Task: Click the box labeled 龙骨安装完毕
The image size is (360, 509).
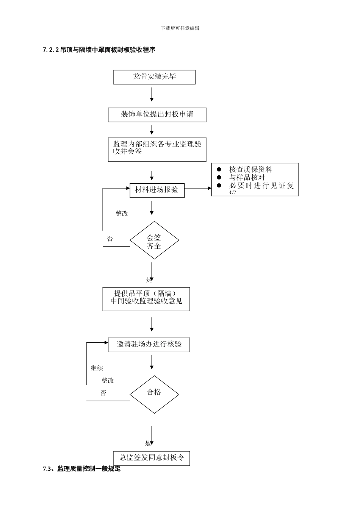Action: pyautogui.click(x=154, y=77)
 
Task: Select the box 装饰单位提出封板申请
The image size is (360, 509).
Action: pyautogui.click(x=157, y=115)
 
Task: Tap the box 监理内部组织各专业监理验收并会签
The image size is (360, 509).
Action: pyautogui.click(x=157, y=149)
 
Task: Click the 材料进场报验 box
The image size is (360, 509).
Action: pyautogui.click(x=157, y=190)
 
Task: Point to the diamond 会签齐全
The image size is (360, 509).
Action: pyautogui.click(x=154, y=240)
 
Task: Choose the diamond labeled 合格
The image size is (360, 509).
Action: pyautogui.click(x=154, y=394)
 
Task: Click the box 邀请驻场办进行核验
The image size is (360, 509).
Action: pyautogui.click(x=149, y=345)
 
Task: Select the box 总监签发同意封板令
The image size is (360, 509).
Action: pyautogui.click(x=152, y=458)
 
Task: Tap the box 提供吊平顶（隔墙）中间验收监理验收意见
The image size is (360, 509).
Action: pyautogui.click(x=146, y=299)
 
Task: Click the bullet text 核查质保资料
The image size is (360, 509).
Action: pyautogui.click(x=250, y=170)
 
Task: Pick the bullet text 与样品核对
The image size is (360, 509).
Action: pyautogui.click(x=247, y=178)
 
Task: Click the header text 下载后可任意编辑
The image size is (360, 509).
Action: pyautogui.click(x=180, y=28)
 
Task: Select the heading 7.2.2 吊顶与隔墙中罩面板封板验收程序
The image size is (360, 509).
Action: pyautogui.click(x=99, y=50)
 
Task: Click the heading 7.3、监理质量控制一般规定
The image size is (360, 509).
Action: pyautogui.click(x=82, y=469)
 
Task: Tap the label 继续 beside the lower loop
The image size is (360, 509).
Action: pyautogui.click(x=97, y=368)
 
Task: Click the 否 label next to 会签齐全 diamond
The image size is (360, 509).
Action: pyautogui.click(x=110, y=239)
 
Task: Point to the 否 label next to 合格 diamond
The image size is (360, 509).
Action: pyautogui.click(x=103, y=393)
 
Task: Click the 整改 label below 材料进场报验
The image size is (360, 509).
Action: pyautogui.click(x=122, y=214)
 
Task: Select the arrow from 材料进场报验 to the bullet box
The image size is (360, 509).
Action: pyautogui.click(x=198, y=188)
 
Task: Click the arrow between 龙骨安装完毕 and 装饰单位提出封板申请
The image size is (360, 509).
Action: pyautogui.click(x=152, y=95)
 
